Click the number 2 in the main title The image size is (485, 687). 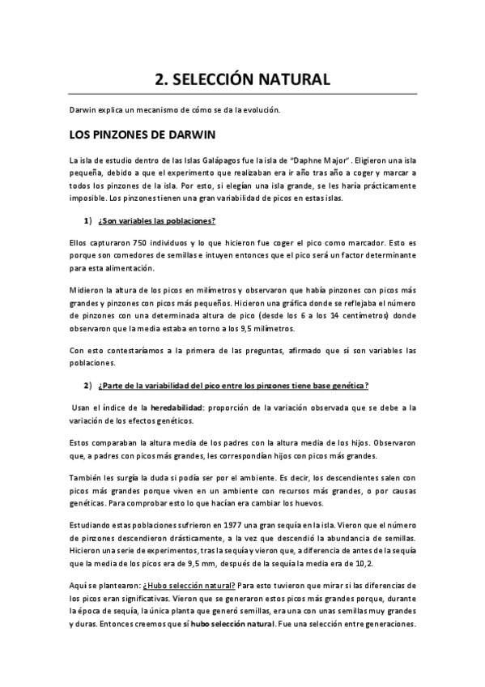click(160, 79)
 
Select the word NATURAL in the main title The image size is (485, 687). click(294, 79)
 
